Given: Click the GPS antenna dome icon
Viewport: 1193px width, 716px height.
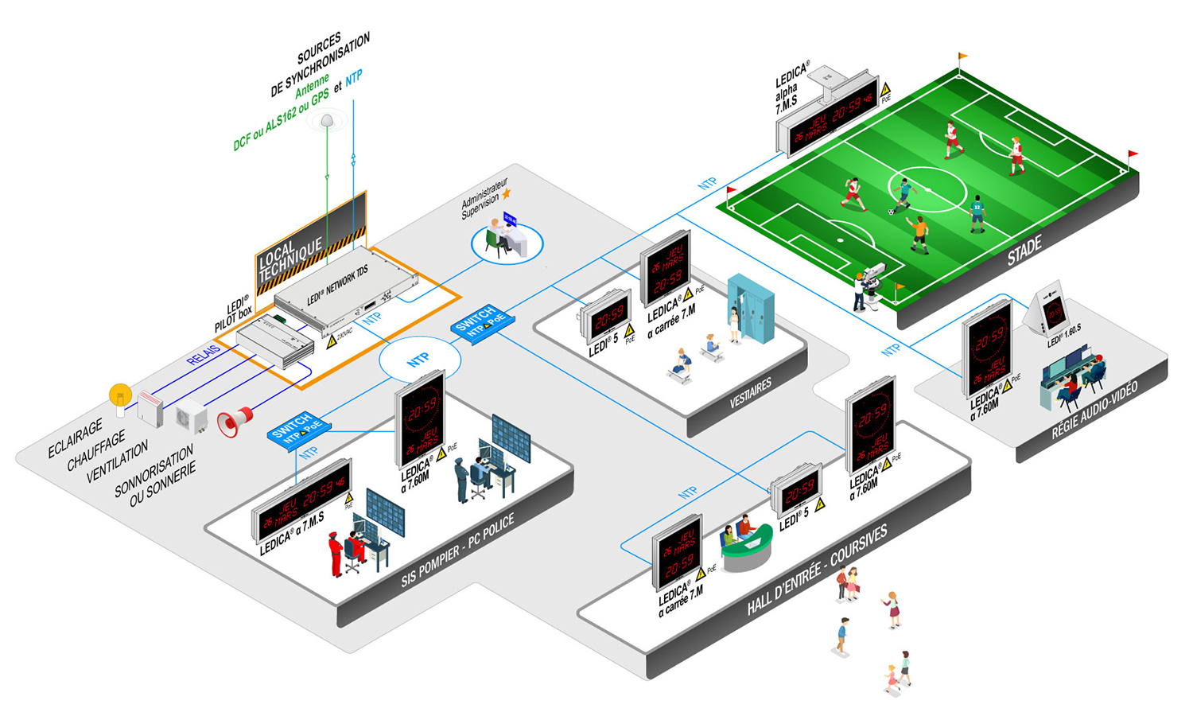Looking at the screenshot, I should tap(327, 121).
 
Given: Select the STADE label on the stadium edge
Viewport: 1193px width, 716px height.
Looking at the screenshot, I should tap(1024, 251).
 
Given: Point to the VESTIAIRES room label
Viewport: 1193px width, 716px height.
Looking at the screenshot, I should tap(750, 393).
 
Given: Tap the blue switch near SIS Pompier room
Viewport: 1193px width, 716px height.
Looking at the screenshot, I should tap(297, 430).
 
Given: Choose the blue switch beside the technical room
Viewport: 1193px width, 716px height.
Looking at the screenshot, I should tap(481, 321).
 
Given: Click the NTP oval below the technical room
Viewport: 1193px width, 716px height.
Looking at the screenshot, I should tap(419, 360).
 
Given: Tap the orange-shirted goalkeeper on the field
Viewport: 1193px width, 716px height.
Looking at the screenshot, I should tap(919, 233).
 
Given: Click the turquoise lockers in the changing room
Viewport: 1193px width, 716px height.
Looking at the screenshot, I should tap(752, 307).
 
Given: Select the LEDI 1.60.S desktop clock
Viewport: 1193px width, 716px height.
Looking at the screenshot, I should tap(1053, 312).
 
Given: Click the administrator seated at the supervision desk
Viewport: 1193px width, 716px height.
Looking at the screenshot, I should tap(496, 237).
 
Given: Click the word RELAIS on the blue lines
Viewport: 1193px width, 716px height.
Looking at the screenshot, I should tap(204, 355).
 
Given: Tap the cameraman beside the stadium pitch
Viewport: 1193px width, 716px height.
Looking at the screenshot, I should tap(861, 290).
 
